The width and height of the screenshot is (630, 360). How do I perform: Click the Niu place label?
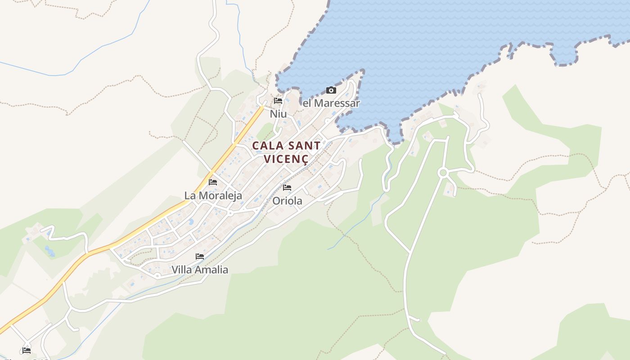pyautogui.click(x=278, y=114)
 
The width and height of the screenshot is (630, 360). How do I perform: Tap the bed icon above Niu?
pyautogui.click(x=278, y=101)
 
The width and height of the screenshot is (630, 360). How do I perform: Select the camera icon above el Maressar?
pyautogui.click(x=331, y=90)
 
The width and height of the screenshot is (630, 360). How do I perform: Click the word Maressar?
pyautogui.click(x=337, y=103)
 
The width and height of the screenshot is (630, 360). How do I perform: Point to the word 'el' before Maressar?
pyautogui.click(x=307, y=103)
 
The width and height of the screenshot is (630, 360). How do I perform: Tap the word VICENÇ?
pyautogui.click(x=286, y=159)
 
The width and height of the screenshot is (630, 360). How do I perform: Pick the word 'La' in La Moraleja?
pyautogui.click(x=190, y=196)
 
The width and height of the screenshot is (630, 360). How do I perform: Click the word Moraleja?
pyautogui.click(x=220, y=196)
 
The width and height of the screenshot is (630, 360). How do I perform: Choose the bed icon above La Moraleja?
pyautogui.click(x=213, y=182)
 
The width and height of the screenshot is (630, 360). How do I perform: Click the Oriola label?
pyautogui.click(x=287, y=201)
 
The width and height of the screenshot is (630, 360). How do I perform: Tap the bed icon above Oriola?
pyautogui.click(x=287, y=188)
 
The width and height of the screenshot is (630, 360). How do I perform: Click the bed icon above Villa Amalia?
pyautogui.click(x=200, y=256)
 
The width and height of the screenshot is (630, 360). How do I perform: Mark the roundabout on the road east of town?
pyautogui.click(x=443, y=172)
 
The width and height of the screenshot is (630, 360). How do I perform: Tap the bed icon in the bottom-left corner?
pyautogui.click(x=27, y=350)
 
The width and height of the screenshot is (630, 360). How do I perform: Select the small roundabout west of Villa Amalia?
pyautogui.click(x=157, y=275)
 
